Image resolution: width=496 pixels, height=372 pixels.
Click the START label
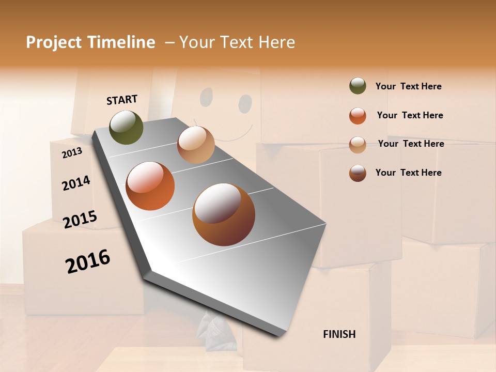122,99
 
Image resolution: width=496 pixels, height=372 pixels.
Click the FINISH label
339,334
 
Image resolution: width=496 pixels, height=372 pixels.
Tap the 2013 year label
72,152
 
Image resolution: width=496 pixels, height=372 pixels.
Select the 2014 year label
76,183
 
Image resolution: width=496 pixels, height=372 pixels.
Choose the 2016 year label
88,261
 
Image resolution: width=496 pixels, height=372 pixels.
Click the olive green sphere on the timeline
127,127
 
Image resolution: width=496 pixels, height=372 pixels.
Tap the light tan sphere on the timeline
196,145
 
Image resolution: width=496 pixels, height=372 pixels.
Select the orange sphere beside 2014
150,186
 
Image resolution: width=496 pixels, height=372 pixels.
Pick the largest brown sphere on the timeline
224,214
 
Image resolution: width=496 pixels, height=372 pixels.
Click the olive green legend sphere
358,86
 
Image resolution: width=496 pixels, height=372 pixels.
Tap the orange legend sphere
358,116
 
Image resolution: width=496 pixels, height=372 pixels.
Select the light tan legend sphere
358,145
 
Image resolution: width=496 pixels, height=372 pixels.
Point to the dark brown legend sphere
358,173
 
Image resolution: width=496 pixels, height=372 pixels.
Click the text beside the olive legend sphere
408,86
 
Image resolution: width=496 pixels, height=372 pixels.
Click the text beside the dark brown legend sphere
408,173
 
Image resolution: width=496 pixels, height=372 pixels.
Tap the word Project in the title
53,42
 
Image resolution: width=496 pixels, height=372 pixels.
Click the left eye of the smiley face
206,97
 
